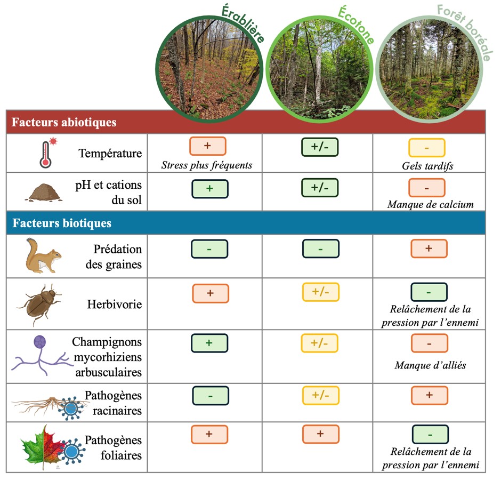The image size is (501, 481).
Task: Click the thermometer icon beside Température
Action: [46, 154]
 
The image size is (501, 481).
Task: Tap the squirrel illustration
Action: [44, 255]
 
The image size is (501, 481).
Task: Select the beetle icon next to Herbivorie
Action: [39, 304]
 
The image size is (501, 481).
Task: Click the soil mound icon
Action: [44, 193]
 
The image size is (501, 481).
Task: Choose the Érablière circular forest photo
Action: [209, 69]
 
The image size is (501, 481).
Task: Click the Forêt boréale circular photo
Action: [430, 69]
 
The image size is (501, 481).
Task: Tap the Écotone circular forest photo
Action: [319, 69]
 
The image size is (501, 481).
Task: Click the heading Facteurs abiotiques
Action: [64, 122]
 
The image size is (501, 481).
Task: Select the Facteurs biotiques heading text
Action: [62, 223]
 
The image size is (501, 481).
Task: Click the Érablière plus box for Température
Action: [208, 146]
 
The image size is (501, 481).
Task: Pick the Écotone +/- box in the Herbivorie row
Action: [320, 292]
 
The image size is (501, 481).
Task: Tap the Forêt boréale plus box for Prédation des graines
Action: [429, 248]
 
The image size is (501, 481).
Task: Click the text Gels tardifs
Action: [427, 166]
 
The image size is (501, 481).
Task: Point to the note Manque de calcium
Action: [431, 204]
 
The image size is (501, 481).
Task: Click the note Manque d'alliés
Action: [430, 365]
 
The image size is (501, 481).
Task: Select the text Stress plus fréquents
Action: [206, 165]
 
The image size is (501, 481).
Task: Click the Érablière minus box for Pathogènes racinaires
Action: [211, 396]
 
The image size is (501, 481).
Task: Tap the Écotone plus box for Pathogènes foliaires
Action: [320, 434]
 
